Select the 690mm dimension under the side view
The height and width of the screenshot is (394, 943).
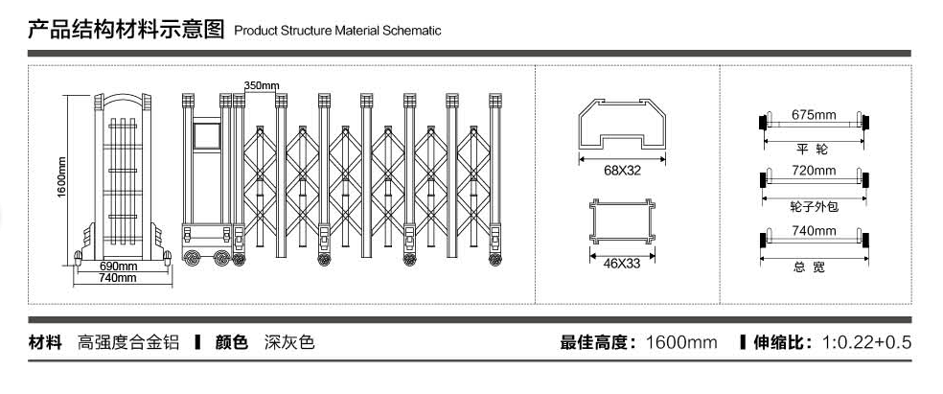(118, 266)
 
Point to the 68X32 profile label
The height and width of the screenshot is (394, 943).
(623, 171)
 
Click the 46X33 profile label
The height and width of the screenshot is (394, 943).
(622, 264)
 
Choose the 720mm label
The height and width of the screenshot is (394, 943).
(814, 171)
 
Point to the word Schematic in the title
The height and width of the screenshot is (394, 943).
(412, 30)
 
